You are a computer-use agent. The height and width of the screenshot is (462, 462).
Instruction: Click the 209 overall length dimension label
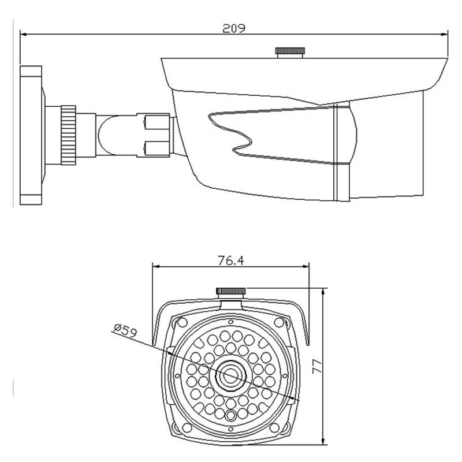(x=234, y=27)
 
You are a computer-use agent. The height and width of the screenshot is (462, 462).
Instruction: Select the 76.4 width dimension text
(x=230, y=260)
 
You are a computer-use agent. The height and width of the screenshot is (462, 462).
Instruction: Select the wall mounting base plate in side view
(x=31, y=136)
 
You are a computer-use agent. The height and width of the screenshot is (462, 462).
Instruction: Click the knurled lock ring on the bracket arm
(x=69, y=135)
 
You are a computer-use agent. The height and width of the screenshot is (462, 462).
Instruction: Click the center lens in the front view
(x=230, y=376)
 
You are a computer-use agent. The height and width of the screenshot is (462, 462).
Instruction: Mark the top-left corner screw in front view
(x=182, y=322)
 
